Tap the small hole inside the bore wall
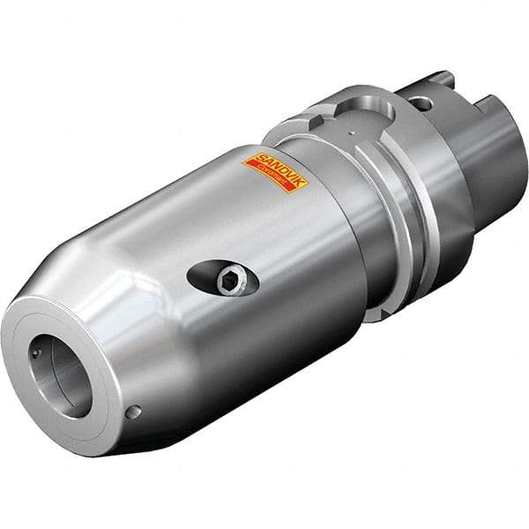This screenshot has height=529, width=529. pos(36,353)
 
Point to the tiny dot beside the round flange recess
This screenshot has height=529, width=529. pos(353,134)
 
